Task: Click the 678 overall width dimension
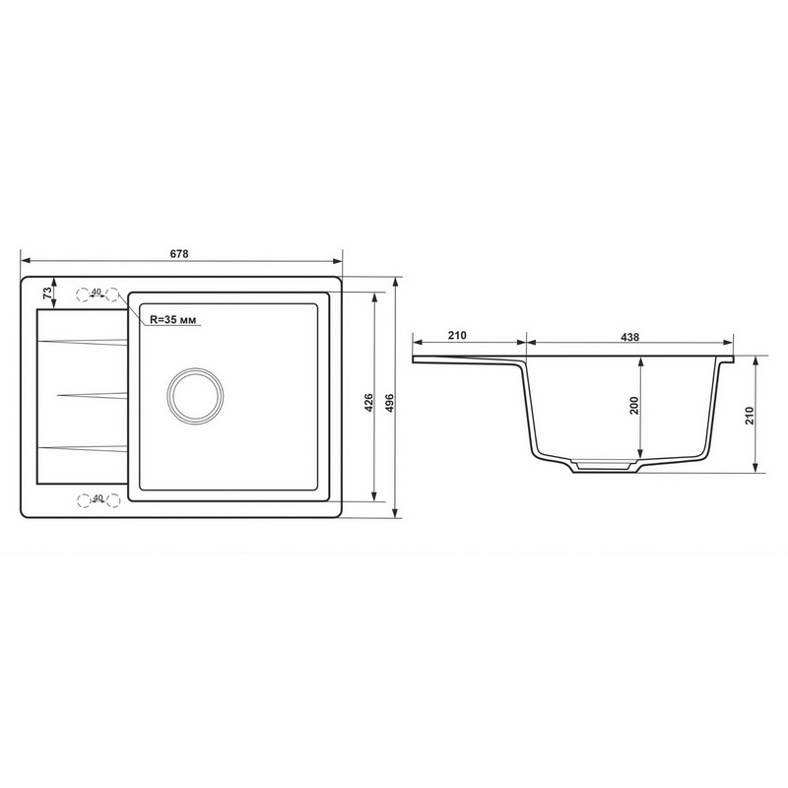coord(179,254)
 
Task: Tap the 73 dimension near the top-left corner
coord(47,293)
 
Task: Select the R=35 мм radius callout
coord(173,319)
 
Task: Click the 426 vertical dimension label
coord(368,403)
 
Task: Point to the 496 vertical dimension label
coord(389,403)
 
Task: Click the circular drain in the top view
coord(195,395)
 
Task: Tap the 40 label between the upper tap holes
coord(97,292)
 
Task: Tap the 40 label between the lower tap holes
coord(98,498)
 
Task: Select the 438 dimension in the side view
coord(629,337)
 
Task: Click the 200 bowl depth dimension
coord(633,405)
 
